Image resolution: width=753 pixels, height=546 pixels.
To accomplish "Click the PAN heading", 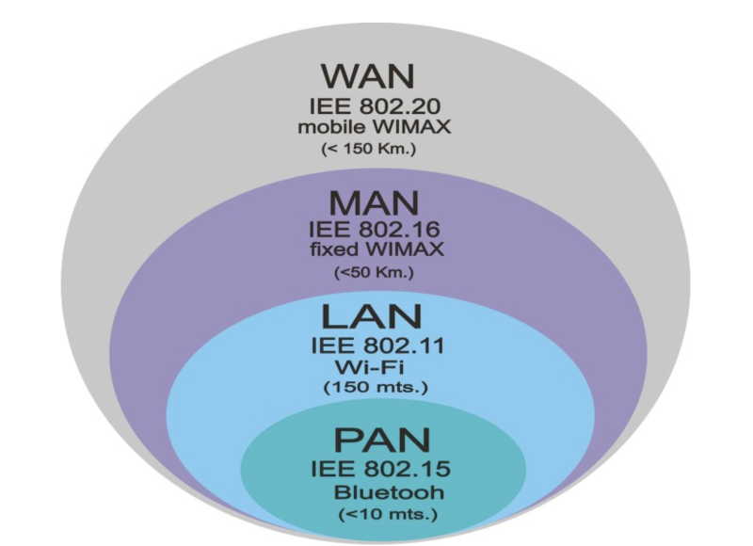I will pyautogui.click(x=381, y=442).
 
